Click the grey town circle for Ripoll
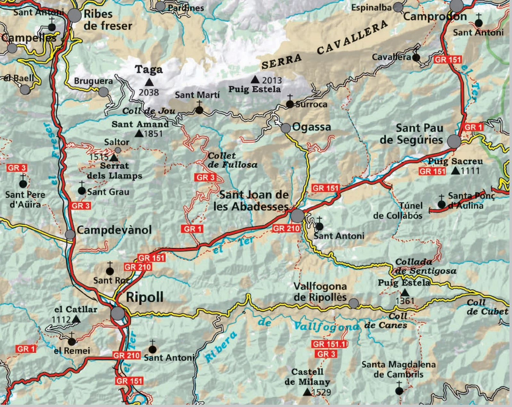tap(118, 313)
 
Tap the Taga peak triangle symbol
tap(148, 82)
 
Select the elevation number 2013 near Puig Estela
tap(272, 80)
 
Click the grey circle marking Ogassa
tap(286, 128)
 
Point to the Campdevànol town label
tap(114, 230)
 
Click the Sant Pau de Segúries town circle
tap(454, 141)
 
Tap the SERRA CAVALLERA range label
tap(324, 44)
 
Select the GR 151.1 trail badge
tap(329, 344)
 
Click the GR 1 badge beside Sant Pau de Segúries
tap(473, 127)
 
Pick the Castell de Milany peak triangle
tap(307, 392)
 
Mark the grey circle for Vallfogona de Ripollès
tap(354, 303)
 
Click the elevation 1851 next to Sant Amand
tap(153, 134)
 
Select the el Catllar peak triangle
tap(76, 319)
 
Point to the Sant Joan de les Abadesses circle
tap(297, 216)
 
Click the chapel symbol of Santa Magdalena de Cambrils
tap(399, 390)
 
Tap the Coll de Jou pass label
tap(148, 111)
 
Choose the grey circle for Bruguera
tap(103, 92)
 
